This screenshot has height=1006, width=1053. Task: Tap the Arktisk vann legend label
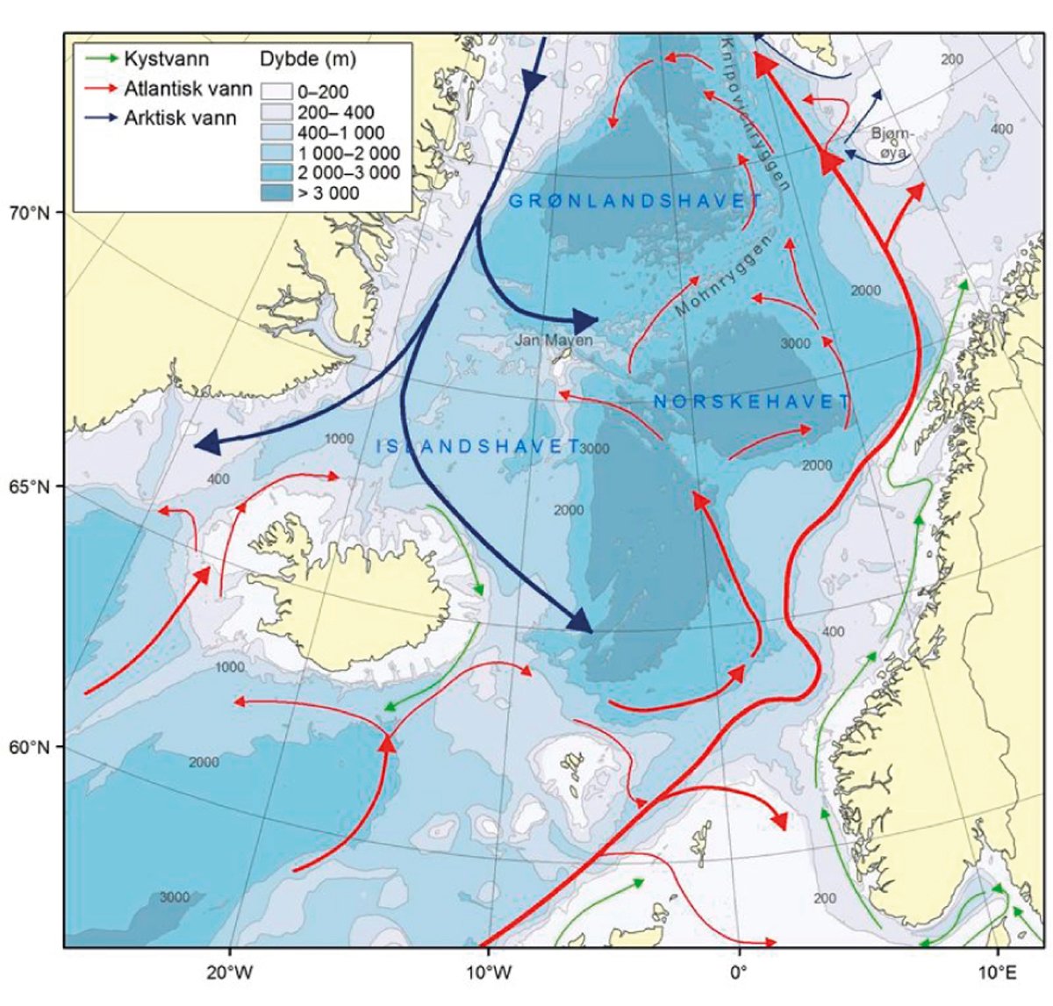coord(180,118)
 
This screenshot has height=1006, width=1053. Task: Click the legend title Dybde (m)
coord(308,60)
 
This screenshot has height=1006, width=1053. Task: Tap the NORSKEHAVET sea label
coord(751,402)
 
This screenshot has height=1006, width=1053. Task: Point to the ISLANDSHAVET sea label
coord(478,446)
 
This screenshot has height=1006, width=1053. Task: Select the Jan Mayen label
coord(554,341)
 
